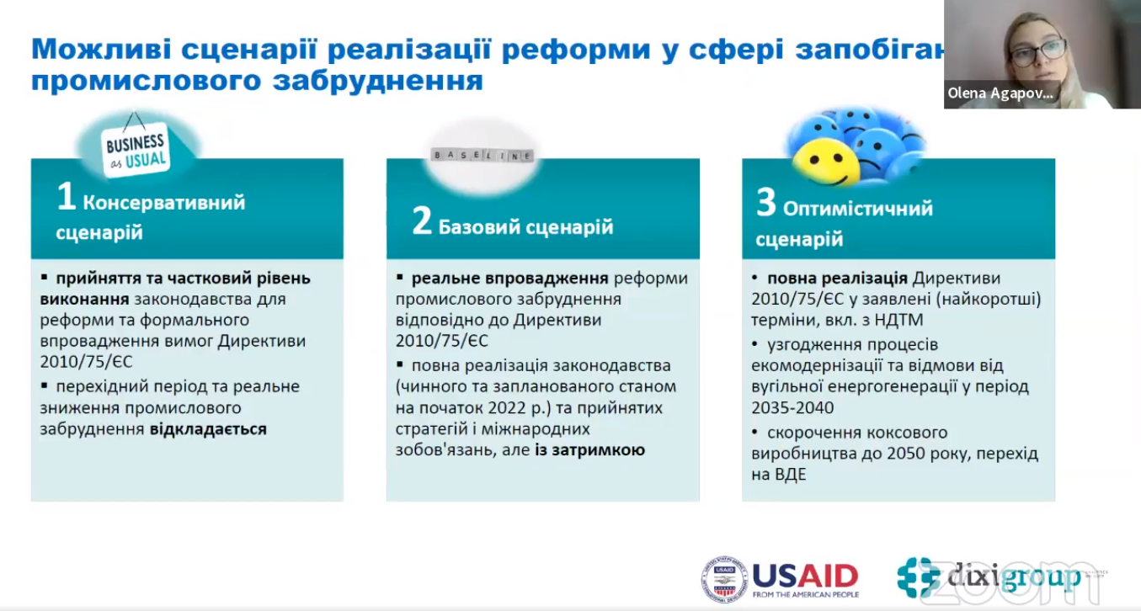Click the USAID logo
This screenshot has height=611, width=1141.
[781, 578]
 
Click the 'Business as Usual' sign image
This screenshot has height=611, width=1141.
[136, 151]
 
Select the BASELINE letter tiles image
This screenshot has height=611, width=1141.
[482, 156]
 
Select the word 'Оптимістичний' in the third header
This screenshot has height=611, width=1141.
[858, 208]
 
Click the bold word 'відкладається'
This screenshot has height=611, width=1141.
[208, 429]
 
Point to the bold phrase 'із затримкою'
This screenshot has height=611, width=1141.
[589, 450]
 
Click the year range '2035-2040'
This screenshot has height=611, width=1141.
[792, 407]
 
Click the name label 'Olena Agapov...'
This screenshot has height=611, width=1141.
[1000, 94]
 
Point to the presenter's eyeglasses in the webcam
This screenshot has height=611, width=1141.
[1037, 52]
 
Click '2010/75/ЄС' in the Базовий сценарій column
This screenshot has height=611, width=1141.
[441, 342]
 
